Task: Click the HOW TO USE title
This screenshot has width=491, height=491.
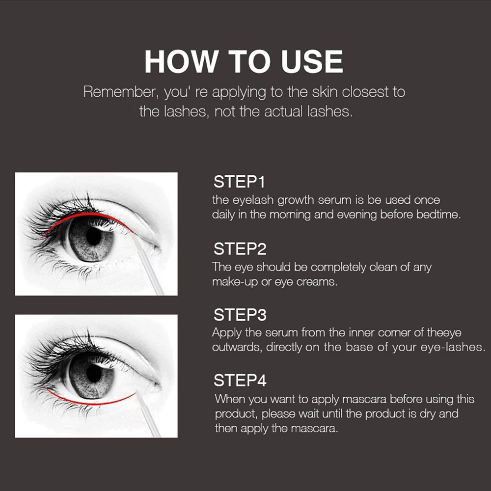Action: click(x=244, y=62)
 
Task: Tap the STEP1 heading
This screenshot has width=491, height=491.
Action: click(x=239, y=182)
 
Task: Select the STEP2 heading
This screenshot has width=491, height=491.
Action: click(x=240, y=249)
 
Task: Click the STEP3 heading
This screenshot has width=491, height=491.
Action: click(x=240, y=315)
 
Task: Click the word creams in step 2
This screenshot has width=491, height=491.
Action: click(x=317, y=282)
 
